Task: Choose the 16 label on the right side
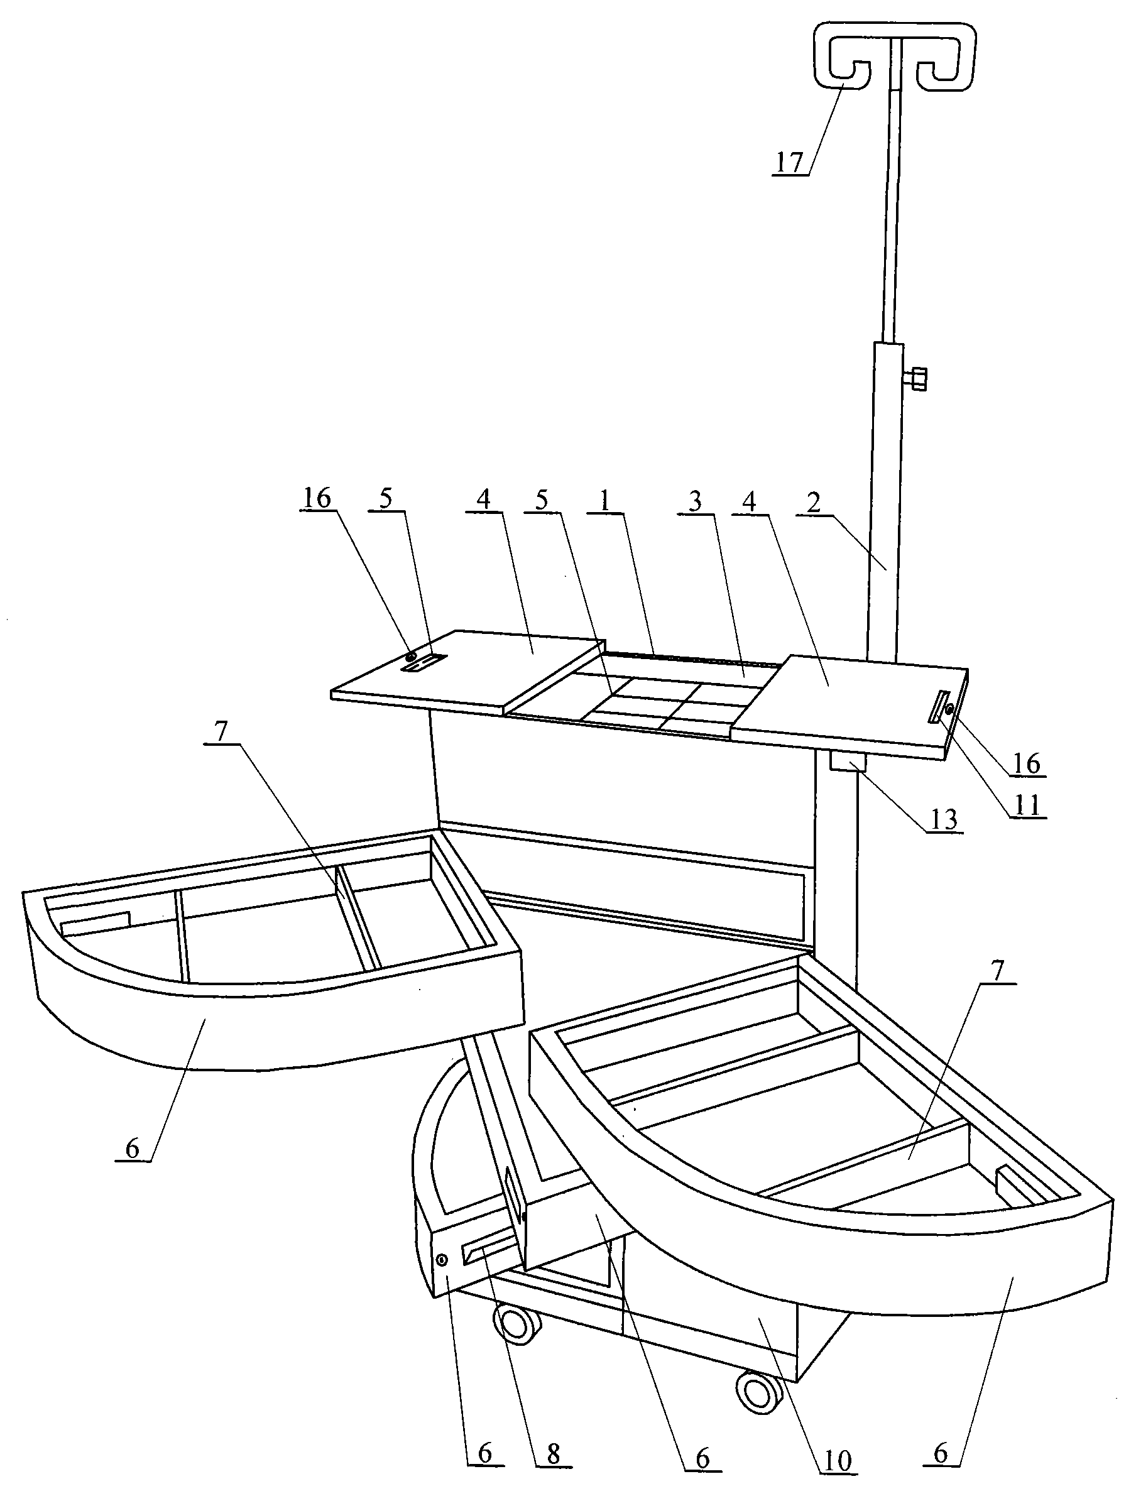click(1026, 763)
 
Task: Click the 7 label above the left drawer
click(221, 732)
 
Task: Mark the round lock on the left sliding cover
click(410, 657)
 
